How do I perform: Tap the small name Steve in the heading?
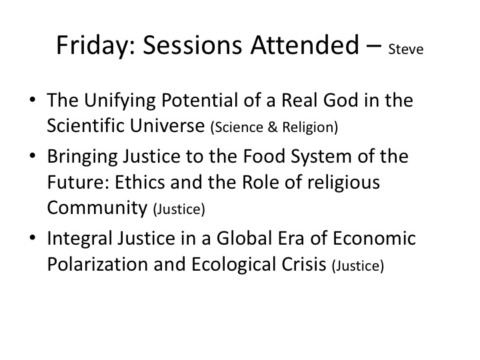pyautogui.click(x=405, y=49)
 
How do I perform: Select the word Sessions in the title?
pyautogui.click(x=193, y=45)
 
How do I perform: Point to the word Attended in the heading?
pyautogui.click(x=305, y=45)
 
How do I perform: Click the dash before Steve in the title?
pyautogui.click(x=374, y=47)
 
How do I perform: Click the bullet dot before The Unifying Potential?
pyautogui.click(x=33, y=99)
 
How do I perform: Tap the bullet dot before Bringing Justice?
pyautogui.click(x=33, y=155)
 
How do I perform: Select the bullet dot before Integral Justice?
pyautogui.click(x=33, y=237)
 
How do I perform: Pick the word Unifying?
pyautogui.click(x=120, y=101)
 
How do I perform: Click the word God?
pyautogui.click(x=341, y=100)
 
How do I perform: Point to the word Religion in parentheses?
pyautogui.click(x=310, y=127)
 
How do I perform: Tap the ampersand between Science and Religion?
pyautogui.click(x=273, y=127)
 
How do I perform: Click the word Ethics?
pyautogui.click(x=140, y=182)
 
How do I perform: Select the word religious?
pyautogui.click(x=343, y=183)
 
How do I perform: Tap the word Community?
pyautogui.click(x=97, y=208)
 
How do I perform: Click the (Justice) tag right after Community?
pyautogui.click(x=179, y=209)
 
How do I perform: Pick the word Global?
pyautogui.click(x=244, y=238)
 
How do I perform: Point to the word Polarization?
pyautogui.click(x=97, y=264)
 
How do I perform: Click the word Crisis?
pyautogui.click(x=304, y=264)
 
